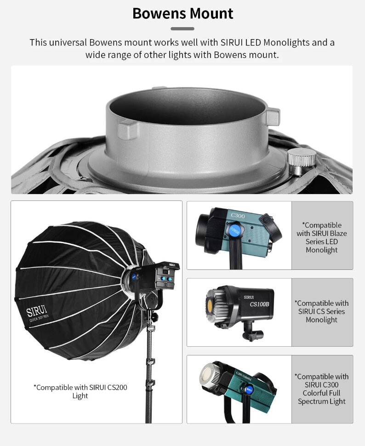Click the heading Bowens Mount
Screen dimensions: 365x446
coord(182,13)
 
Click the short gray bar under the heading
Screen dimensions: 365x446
coord(182,29)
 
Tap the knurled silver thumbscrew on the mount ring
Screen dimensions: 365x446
coord(301,161)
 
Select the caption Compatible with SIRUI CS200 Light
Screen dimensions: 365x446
coord(80,391)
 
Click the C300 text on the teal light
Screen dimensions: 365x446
coord(238,216)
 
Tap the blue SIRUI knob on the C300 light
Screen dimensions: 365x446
coord(234,230)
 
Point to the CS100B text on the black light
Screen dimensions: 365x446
coord(259,304)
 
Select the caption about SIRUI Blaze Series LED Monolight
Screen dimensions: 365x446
coord(322,238)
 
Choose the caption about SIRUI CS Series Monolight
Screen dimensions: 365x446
coord(321,311)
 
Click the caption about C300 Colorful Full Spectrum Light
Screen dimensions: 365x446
coord(321,389)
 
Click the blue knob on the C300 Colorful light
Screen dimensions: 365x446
coord(248,389)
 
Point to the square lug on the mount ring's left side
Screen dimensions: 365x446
coord(128,129)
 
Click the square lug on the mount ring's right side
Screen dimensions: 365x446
coord(273,117)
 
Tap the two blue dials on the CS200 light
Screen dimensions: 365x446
coord(166,279)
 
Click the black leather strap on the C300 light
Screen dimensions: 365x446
coord(271,227)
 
